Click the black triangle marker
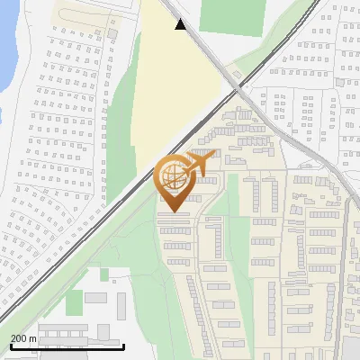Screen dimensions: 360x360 181,24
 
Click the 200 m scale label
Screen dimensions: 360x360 22,338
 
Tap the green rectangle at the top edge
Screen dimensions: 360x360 225,13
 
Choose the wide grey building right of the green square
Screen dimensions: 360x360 96,297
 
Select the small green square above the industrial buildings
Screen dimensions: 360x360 104,274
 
